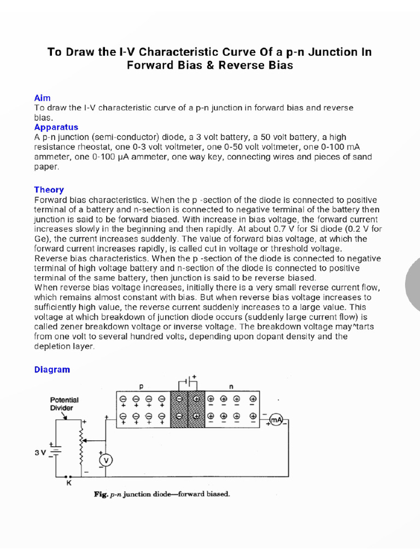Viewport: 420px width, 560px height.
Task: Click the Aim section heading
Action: (42, 97)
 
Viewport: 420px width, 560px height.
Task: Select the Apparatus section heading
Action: (56, 127)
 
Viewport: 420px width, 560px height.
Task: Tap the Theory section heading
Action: (49, 190)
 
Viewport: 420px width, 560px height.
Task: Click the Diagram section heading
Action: (52, 370)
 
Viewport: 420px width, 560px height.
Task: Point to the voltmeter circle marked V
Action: (106, 461)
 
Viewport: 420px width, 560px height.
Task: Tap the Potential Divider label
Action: (65, 404)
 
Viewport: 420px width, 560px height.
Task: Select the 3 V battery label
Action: (42, 453)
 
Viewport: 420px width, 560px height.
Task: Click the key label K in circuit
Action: (68, 483)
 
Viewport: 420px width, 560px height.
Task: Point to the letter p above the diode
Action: (141, 386)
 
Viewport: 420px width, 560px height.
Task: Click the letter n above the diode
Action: (231, 386)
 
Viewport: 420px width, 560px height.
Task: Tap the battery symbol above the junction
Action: (188, 381)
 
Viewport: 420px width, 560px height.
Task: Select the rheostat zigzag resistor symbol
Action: (83, 445)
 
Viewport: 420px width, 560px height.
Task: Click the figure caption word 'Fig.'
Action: (102, 494)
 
